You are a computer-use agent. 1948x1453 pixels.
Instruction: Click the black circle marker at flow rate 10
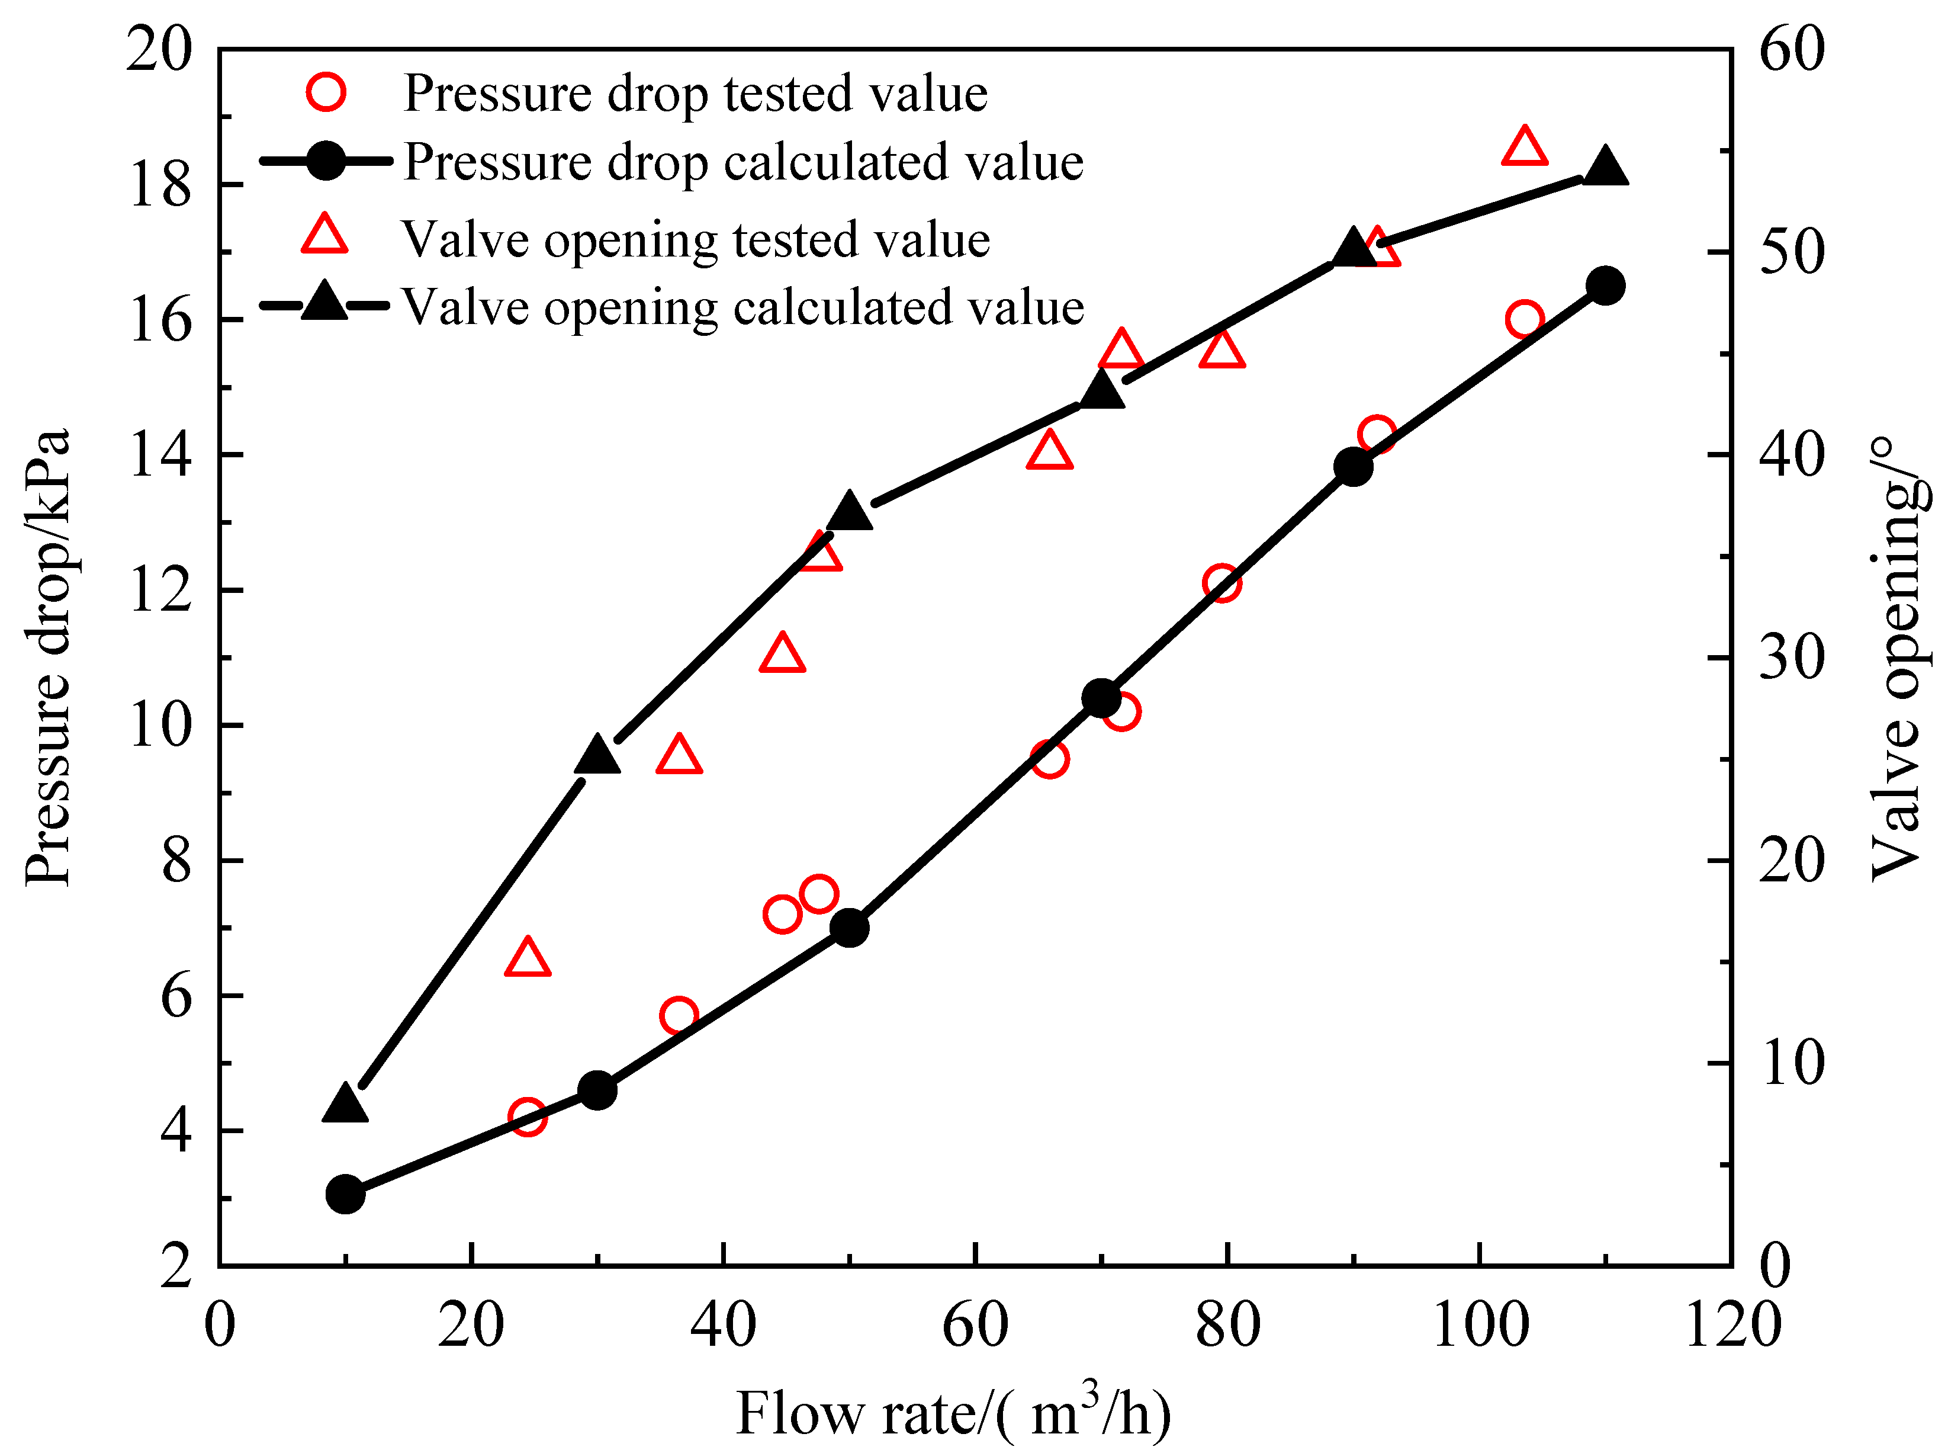(x=345, y=1194)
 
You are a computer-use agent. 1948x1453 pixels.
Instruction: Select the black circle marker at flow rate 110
(x=1605, y=286)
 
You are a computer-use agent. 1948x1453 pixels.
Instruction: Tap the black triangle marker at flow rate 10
(x=345, y=1105)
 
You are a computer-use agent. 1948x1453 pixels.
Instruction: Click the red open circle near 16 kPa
(x=1524, y=319)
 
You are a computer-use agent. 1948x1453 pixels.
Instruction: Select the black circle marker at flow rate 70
(x=1101, y=698)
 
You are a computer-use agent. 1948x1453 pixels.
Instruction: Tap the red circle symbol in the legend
(x=325, y=91)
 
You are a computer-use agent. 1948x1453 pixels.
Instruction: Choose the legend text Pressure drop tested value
(x=695, y=92)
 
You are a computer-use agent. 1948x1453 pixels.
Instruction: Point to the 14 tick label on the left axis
(x=160, y=455)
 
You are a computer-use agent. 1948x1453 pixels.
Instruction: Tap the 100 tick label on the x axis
(x=1480, y=1326)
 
